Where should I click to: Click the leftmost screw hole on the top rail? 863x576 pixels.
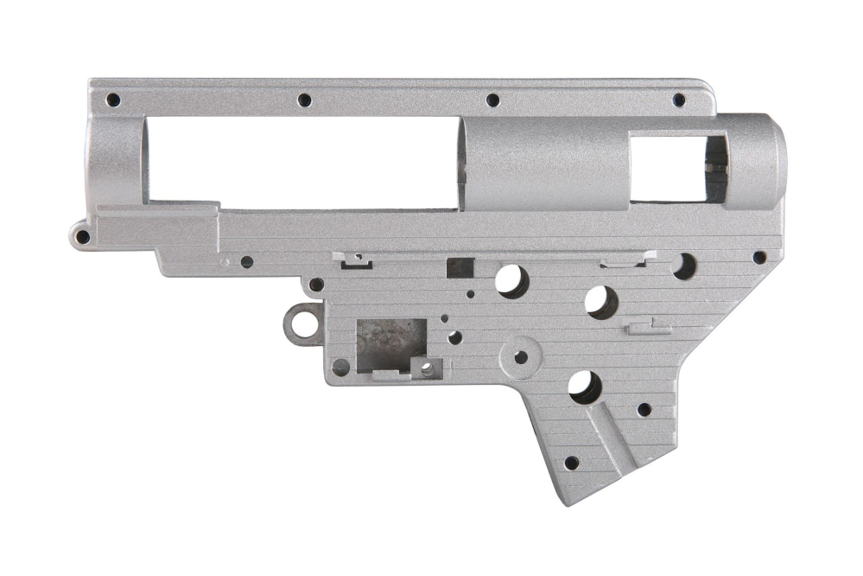pyautogui.click(x=112, y=100)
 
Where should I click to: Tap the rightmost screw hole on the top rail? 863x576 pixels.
pyautogui.click(x=679, y=100)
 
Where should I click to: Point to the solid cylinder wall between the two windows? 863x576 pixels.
pyautogui.click(x=544, y=164)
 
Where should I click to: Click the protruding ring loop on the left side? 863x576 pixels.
pyautogui.click(x=302, y=325)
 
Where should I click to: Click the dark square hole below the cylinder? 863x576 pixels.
pyautogui.click(x=460, y=268)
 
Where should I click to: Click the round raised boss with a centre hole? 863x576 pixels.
pyautogui.click(x=521, y=357)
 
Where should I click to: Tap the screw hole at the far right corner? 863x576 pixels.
pyautogui.click(x=759, y=257)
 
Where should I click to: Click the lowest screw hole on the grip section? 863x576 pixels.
pyautogui.click(x=570, y=463)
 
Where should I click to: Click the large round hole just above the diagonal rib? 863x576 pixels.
pyautogui.click(x=585, y=387)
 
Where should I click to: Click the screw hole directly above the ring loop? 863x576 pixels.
pyautogui.click(x=316, y=285)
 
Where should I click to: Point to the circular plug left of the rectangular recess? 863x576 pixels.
pyautogui.click(x=341, y=367)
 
